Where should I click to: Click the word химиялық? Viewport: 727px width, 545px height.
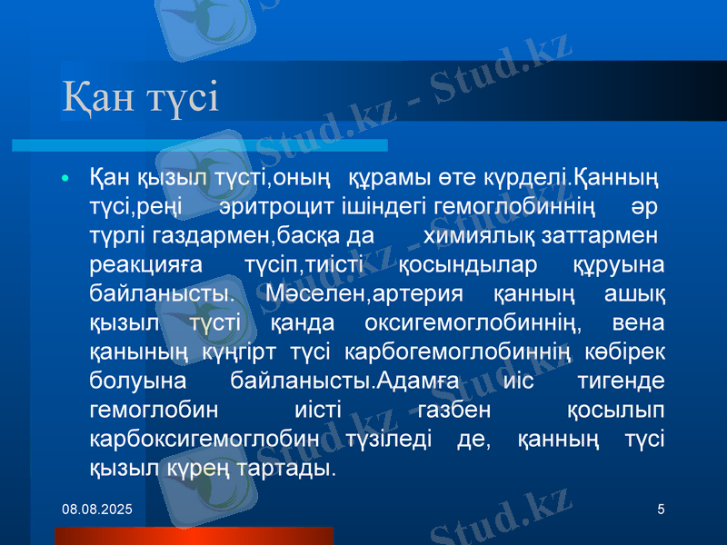pyautogui.click(x=478, y=236)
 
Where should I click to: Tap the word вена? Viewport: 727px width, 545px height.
pyautogui.click(x=638, y=323)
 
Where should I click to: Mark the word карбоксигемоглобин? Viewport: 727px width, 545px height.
pyautogui.click(x=205, y=440)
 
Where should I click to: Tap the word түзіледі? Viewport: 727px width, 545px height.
pyautogui.click(x=394, y=440)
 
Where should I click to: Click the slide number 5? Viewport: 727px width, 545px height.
pyautogui.click(x=661, y=511)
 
